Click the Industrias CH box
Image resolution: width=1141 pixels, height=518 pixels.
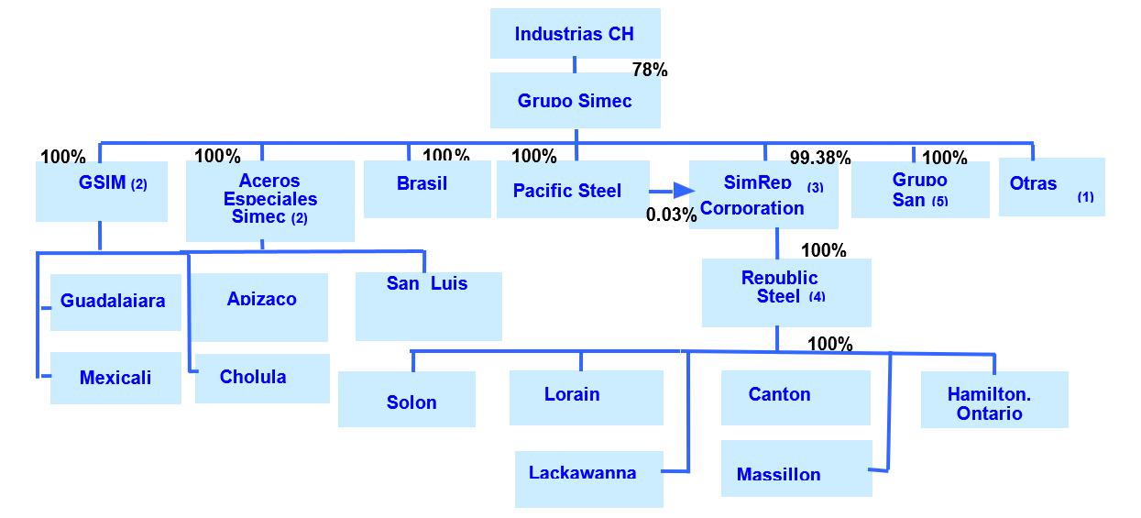575,34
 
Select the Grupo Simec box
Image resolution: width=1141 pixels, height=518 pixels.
575,101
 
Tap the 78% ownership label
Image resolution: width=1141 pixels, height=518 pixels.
650,70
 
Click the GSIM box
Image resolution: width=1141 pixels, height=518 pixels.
102,191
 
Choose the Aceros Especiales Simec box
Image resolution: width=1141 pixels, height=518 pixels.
269,201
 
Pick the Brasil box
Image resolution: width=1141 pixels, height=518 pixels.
427,189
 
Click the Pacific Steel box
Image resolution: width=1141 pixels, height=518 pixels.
573,190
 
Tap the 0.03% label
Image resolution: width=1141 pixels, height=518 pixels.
671,215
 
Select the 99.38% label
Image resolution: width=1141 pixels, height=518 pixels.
820,158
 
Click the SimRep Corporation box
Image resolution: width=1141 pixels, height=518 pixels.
763,195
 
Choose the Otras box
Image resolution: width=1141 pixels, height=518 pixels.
1051,187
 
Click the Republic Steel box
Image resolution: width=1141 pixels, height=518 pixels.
786,292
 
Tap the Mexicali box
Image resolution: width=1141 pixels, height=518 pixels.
115,378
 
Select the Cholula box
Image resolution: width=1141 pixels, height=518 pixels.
262,378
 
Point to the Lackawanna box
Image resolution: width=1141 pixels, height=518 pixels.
588,479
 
